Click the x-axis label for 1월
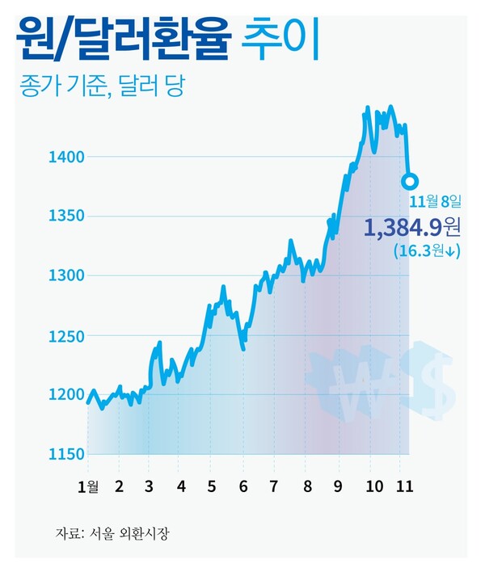[88, 487]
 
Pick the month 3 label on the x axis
[149, 487]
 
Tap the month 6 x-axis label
[242, 487]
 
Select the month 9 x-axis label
[337, 487]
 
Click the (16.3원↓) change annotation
[427, 252]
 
